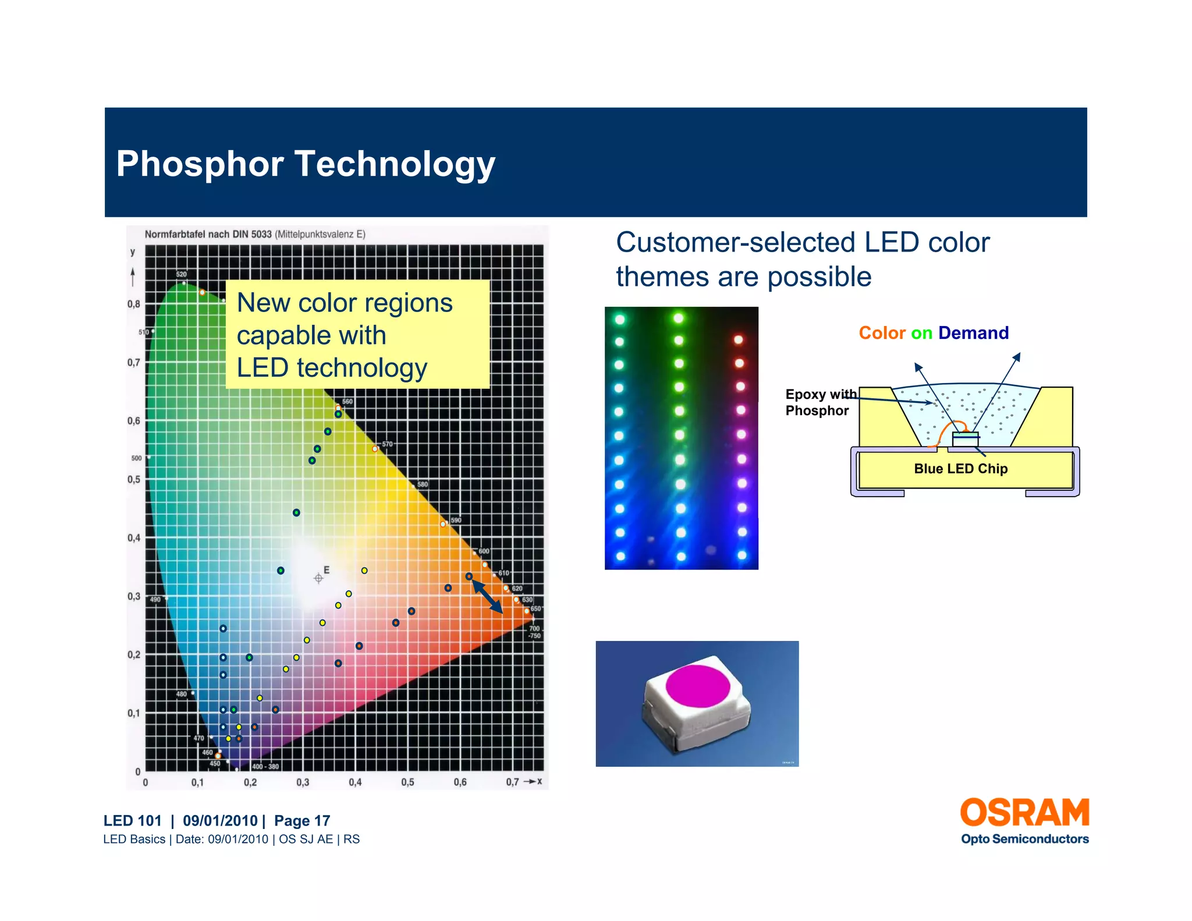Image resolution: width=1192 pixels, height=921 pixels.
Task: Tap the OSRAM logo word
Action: coord(1024,813)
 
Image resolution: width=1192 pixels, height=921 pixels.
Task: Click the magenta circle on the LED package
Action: coord(697,686)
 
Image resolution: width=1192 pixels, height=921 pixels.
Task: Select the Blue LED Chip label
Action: coord(960,469)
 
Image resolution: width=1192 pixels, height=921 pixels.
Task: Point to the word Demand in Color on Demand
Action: coord(973,333)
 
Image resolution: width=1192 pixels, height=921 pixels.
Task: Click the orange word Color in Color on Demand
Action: coord(882,333)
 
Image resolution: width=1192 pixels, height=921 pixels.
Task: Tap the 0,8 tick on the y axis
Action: coord(134,304)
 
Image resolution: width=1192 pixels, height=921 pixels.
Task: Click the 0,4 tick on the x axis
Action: coord(355,782)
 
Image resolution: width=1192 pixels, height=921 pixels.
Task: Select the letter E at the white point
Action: coord(327,570)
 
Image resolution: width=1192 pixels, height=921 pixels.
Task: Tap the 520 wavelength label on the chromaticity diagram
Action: coord(182,274)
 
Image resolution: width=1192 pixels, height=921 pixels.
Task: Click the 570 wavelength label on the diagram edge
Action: coord(388,444)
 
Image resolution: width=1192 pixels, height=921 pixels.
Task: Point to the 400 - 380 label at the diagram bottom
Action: coord(265,767)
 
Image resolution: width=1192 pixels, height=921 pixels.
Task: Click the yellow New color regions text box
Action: coord(357,335)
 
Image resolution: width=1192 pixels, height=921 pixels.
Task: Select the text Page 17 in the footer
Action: coord(302,821)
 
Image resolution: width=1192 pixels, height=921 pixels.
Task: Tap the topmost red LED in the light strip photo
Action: coord(738,339)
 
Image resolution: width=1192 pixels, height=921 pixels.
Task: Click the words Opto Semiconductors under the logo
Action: coord(1024,839)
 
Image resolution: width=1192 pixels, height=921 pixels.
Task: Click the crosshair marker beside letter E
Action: coord(318,578)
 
